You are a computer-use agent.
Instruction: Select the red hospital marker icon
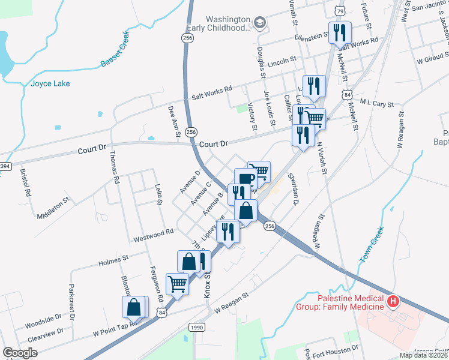pos(393,301)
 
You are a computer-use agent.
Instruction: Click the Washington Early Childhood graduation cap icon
pos(259,23)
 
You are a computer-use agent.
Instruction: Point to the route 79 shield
pos(340,11)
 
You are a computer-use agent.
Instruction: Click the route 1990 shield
pos(196,327)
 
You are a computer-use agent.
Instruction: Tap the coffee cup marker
pos(245,179)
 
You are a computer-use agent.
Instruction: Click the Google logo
pos(20,353)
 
